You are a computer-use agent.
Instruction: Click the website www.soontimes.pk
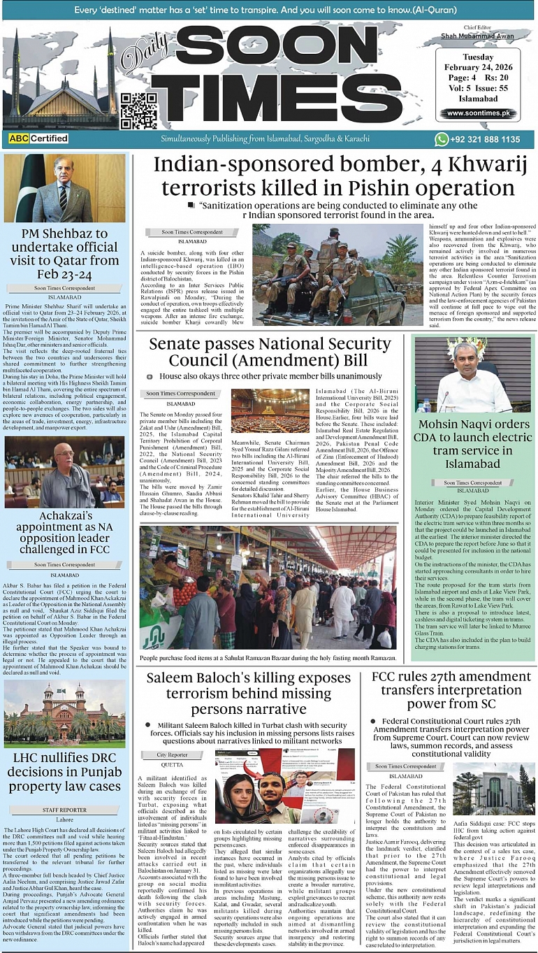click(478, 113)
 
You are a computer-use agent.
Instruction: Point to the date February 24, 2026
click(478, 68)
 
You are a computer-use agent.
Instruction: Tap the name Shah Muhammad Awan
click(477, 36)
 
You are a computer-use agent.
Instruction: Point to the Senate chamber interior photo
click(270, 411)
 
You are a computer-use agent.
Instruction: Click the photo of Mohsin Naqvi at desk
click(473, 375)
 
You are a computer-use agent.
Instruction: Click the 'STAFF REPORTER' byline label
click(64, 809)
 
